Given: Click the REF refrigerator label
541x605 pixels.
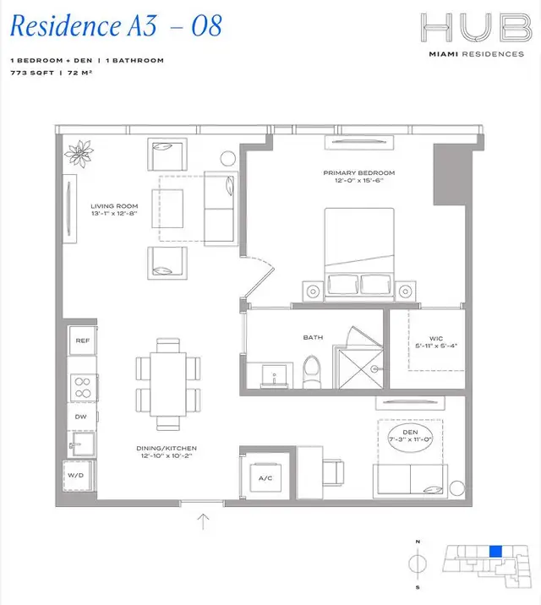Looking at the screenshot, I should (82, 341).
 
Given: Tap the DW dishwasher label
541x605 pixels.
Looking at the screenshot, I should (82, 417).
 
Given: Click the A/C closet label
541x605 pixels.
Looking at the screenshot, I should (264, 478).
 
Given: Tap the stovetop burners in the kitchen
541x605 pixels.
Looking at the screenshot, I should (83, 386).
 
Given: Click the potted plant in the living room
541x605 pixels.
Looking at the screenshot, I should (83, 155).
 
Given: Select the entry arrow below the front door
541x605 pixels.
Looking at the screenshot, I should (203, 521).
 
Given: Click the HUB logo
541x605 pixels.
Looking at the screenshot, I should (474, 30).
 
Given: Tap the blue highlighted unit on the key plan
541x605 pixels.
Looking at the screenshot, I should (496, 551).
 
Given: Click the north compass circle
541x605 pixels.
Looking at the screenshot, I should (417, 561).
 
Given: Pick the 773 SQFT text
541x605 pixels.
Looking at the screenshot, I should (29, 74).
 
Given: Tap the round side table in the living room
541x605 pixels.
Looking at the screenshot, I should (228, 158).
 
